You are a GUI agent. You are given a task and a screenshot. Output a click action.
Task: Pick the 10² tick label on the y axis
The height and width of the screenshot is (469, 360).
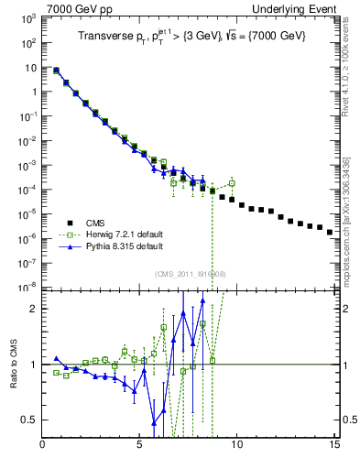pyautogui.click(x=27, y=42)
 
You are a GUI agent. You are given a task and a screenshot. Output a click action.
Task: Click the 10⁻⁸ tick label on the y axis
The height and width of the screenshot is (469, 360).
pyautogui.click(x=27, y=287)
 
